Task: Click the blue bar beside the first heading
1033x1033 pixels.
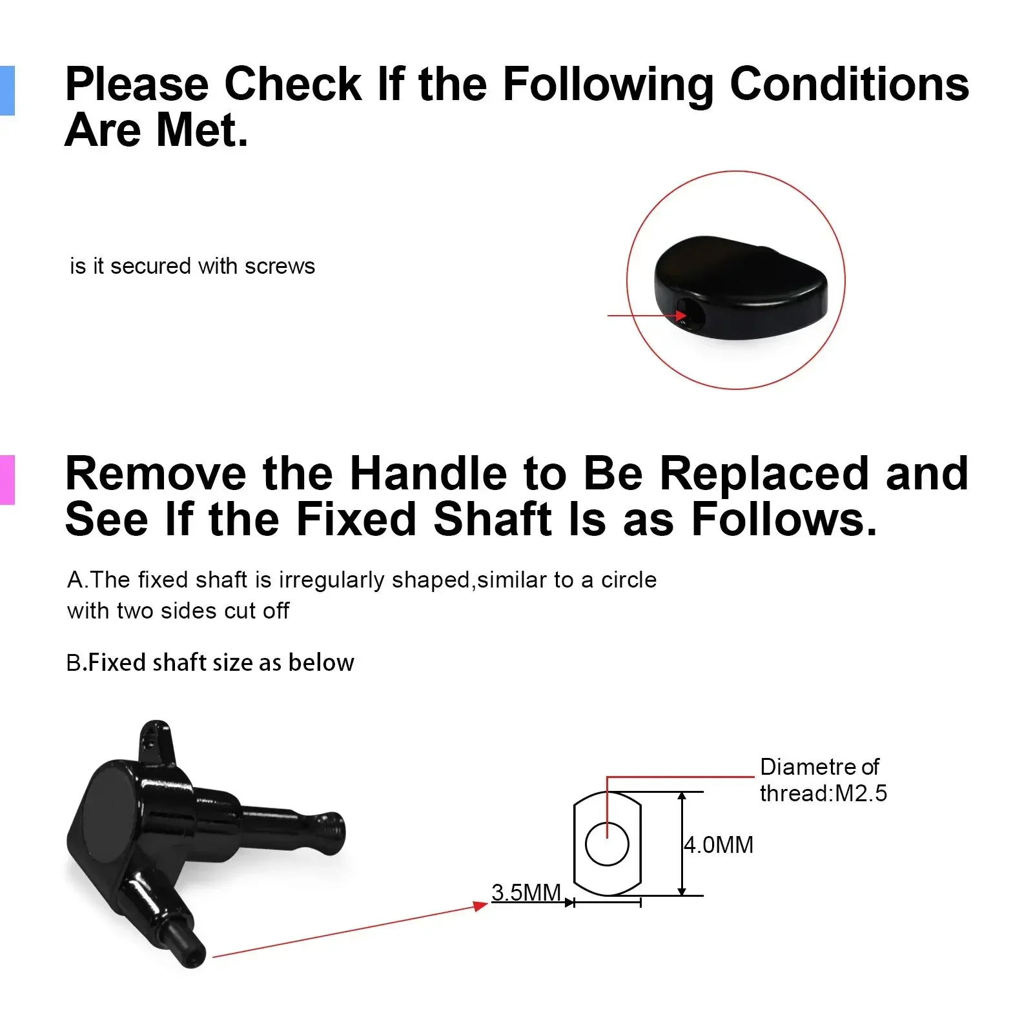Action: point(7,90)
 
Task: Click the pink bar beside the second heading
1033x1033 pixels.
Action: point(7,480)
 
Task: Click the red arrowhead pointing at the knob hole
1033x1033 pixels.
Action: point(681,316)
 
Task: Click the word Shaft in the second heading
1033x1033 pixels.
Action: point(493,519)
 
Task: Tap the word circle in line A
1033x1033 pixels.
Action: point(629,580)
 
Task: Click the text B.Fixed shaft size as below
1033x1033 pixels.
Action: point(210,662)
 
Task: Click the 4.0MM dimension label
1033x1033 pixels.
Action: point(719,844)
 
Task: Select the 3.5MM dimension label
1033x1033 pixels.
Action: point(526,892)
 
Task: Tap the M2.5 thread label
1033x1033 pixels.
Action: point(861,793)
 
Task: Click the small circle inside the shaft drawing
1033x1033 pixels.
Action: point(607,844)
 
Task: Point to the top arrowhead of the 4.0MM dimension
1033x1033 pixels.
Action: point(682,797)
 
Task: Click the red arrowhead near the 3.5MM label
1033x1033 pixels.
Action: point(480,906)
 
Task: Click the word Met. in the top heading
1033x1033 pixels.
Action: point(202,130)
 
